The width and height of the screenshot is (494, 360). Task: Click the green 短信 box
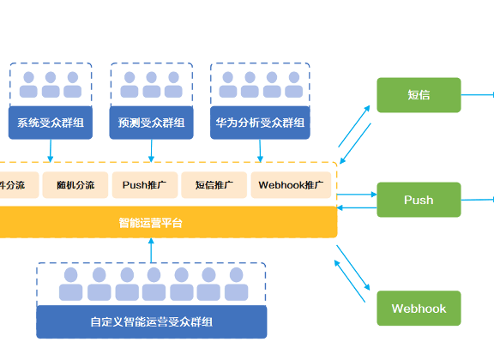419,95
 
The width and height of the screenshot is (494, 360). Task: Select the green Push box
419,200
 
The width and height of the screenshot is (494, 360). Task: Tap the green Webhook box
419,309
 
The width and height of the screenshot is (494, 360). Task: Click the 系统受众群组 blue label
50,123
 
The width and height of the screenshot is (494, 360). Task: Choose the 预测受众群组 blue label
152,123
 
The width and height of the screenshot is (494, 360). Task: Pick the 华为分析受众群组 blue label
260,123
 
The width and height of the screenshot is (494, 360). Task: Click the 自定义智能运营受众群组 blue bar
152,322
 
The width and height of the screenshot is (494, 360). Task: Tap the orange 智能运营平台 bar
151,223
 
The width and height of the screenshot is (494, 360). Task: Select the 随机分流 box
75,185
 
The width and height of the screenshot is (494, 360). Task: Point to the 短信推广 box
214,185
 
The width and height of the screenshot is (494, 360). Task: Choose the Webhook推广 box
291,185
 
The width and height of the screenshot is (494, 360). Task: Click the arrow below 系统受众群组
50,150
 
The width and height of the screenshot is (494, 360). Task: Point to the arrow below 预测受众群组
152,150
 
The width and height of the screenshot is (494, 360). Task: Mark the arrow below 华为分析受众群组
260,150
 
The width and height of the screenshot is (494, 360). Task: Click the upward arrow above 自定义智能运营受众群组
152,251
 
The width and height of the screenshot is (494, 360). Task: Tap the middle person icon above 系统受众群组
50,84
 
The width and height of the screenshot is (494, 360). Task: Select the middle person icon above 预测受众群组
152,84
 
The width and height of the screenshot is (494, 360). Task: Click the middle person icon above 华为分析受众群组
251,84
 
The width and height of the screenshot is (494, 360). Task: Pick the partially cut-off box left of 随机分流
13,185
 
